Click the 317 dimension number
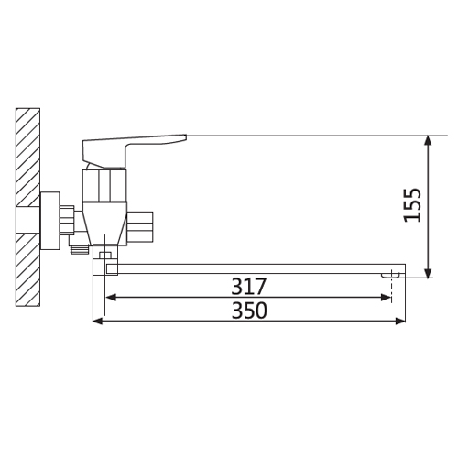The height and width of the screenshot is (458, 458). pyautogui.click(x=249, y=286)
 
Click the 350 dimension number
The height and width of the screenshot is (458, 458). pyautogui.click(x=249, y=311)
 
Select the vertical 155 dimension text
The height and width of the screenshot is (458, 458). pyautogui.click(x=412, y=205)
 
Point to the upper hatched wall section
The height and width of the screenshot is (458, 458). pyautogui.click(x=27, y=158)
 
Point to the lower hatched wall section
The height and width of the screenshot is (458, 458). pyautogui.click(x=27, y=269)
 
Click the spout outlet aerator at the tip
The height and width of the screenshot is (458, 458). pyautogui.click(x=390, y=275)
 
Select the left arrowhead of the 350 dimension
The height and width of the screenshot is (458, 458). pyautogui.click(x=98, y=321)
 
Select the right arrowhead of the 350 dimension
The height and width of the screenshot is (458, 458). pyautogui.click(x=400, y=321)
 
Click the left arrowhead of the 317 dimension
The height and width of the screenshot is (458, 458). pyautogui.click(x=110, y=297)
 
